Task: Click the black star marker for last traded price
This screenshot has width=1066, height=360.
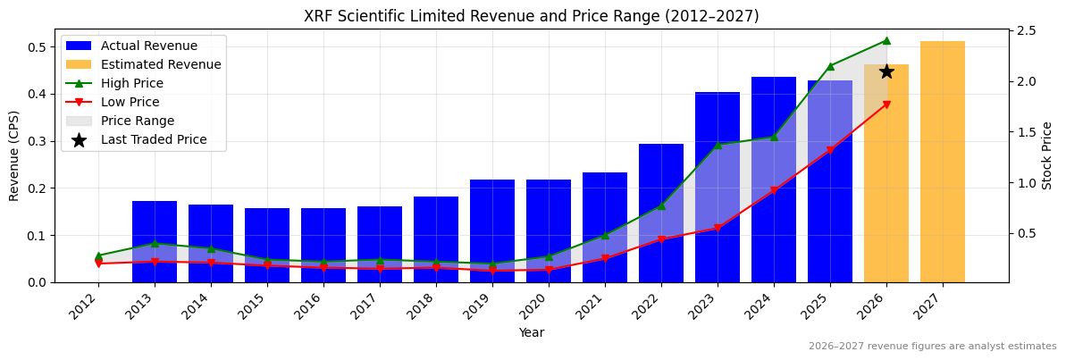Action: pos(886,71)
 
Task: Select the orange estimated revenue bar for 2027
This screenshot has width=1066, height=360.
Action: pos(943,161)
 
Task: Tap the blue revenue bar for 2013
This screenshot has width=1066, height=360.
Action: pos(155,241)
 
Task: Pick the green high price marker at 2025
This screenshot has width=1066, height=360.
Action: pos(830,66)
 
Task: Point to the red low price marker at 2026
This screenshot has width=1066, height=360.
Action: pos(886,105)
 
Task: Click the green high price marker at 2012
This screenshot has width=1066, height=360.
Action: pos(98,255)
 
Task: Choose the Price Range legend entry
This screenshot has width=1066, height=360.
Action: pos(138,121)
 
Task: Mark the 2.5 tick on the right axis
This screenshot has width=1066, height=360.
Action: pos(1026,31)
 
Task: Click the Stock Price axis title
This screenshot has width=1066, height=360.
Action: pos(1048,155)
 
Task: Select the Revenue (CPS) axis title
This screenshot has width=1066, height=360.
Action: pos(14,155)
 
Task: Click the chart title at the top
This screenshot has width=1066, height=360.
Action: pos(532,16)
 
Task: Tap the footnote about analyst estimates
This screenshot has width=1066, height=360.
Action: pos(932,347)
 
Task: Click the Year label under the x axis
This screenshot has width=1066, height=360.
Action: pos(532,333)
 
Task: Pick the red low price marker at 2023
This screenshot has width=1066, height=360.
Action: pos(718,228)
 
